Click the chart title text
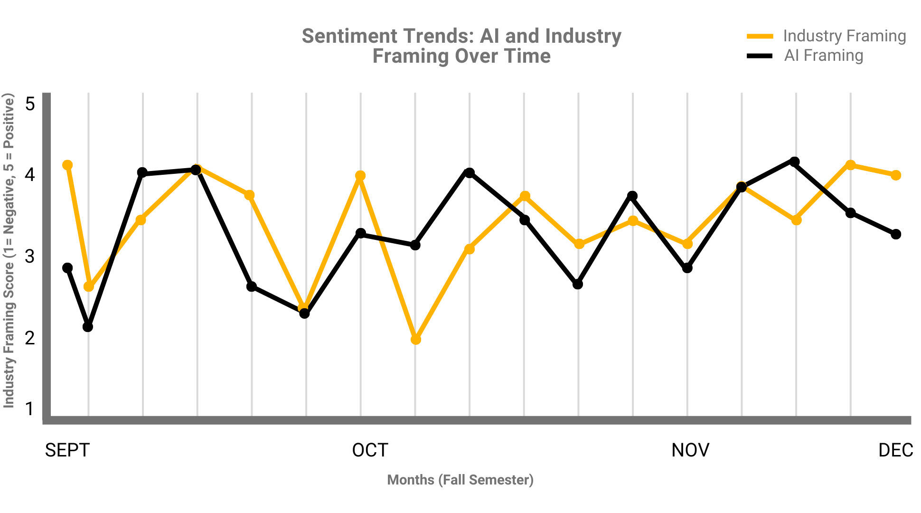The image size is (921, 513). [461, 46]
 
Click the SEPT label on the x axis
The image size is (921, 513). [67, 450]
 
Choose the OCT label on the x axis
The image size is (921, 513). [370, 450]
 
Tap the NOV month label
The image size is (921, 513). [690, 450]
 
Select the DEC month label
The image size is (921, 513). [895, 450]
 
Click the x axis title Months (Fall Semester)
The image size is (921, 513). [460, 480]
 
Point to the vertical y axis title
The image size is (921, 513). [9, 250]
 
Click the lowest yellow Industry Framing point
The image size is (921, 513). [416, 340]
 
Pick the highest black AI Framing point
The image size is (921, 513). [794, 162]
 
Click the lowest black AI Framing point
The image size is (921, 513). [88, 327]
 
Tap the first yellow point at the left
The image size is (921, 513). [67, 165]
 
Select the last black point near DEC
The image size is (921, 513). [896, 234]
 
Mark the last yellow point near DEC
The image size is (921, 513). [896, 175]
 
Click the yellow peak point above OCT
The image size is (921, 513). [360, 176]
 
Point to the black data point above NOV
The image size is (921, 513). [687, 268]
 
